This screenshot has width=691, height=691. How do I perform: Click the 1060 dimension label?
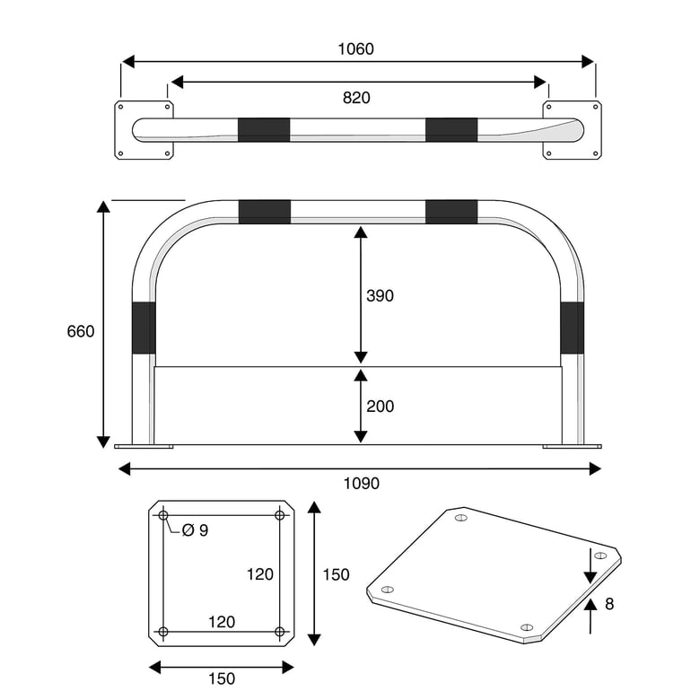(355, 49)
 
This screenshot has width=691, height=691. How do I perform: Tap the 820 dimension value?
(356, 98)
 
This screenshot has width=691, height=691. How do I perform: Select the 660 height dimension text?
(81, 331)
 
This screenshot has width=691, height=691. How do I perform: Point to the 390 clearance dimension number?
(380, 296)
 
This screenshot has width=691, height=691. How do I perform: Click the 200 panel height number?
(380, 407)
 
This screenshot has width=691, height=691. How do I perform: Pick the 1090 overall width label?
(362, 484)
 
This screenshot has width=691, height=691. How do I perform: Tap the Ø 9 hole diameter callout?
(195, 530)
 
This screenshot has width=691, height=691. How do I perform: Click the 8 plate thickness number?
(609, 604)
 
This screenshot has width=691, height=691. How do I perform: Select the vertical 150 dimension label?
(336, 574)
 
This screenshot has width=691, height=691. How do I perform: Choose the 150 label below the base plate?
(222, 678)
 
